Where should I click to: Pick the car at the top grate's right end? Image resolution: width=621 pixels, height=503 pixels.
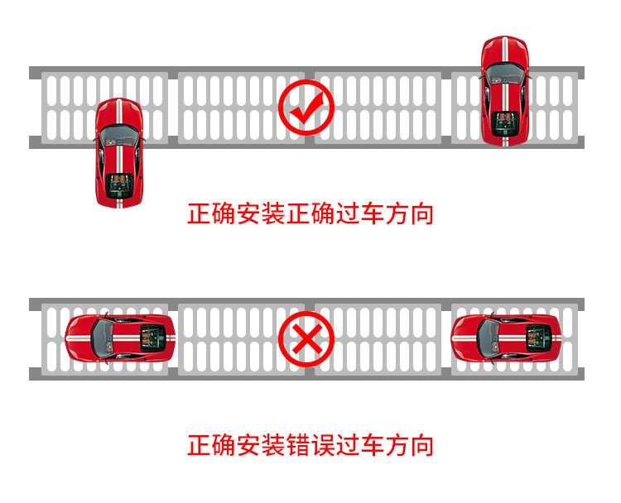point(505,91)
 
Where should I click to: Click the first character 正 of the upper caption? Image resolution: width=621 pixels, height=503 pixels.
point(199,215)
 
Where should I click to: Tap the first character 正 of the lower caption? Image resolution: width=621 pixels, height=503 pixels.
point(199,446)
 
